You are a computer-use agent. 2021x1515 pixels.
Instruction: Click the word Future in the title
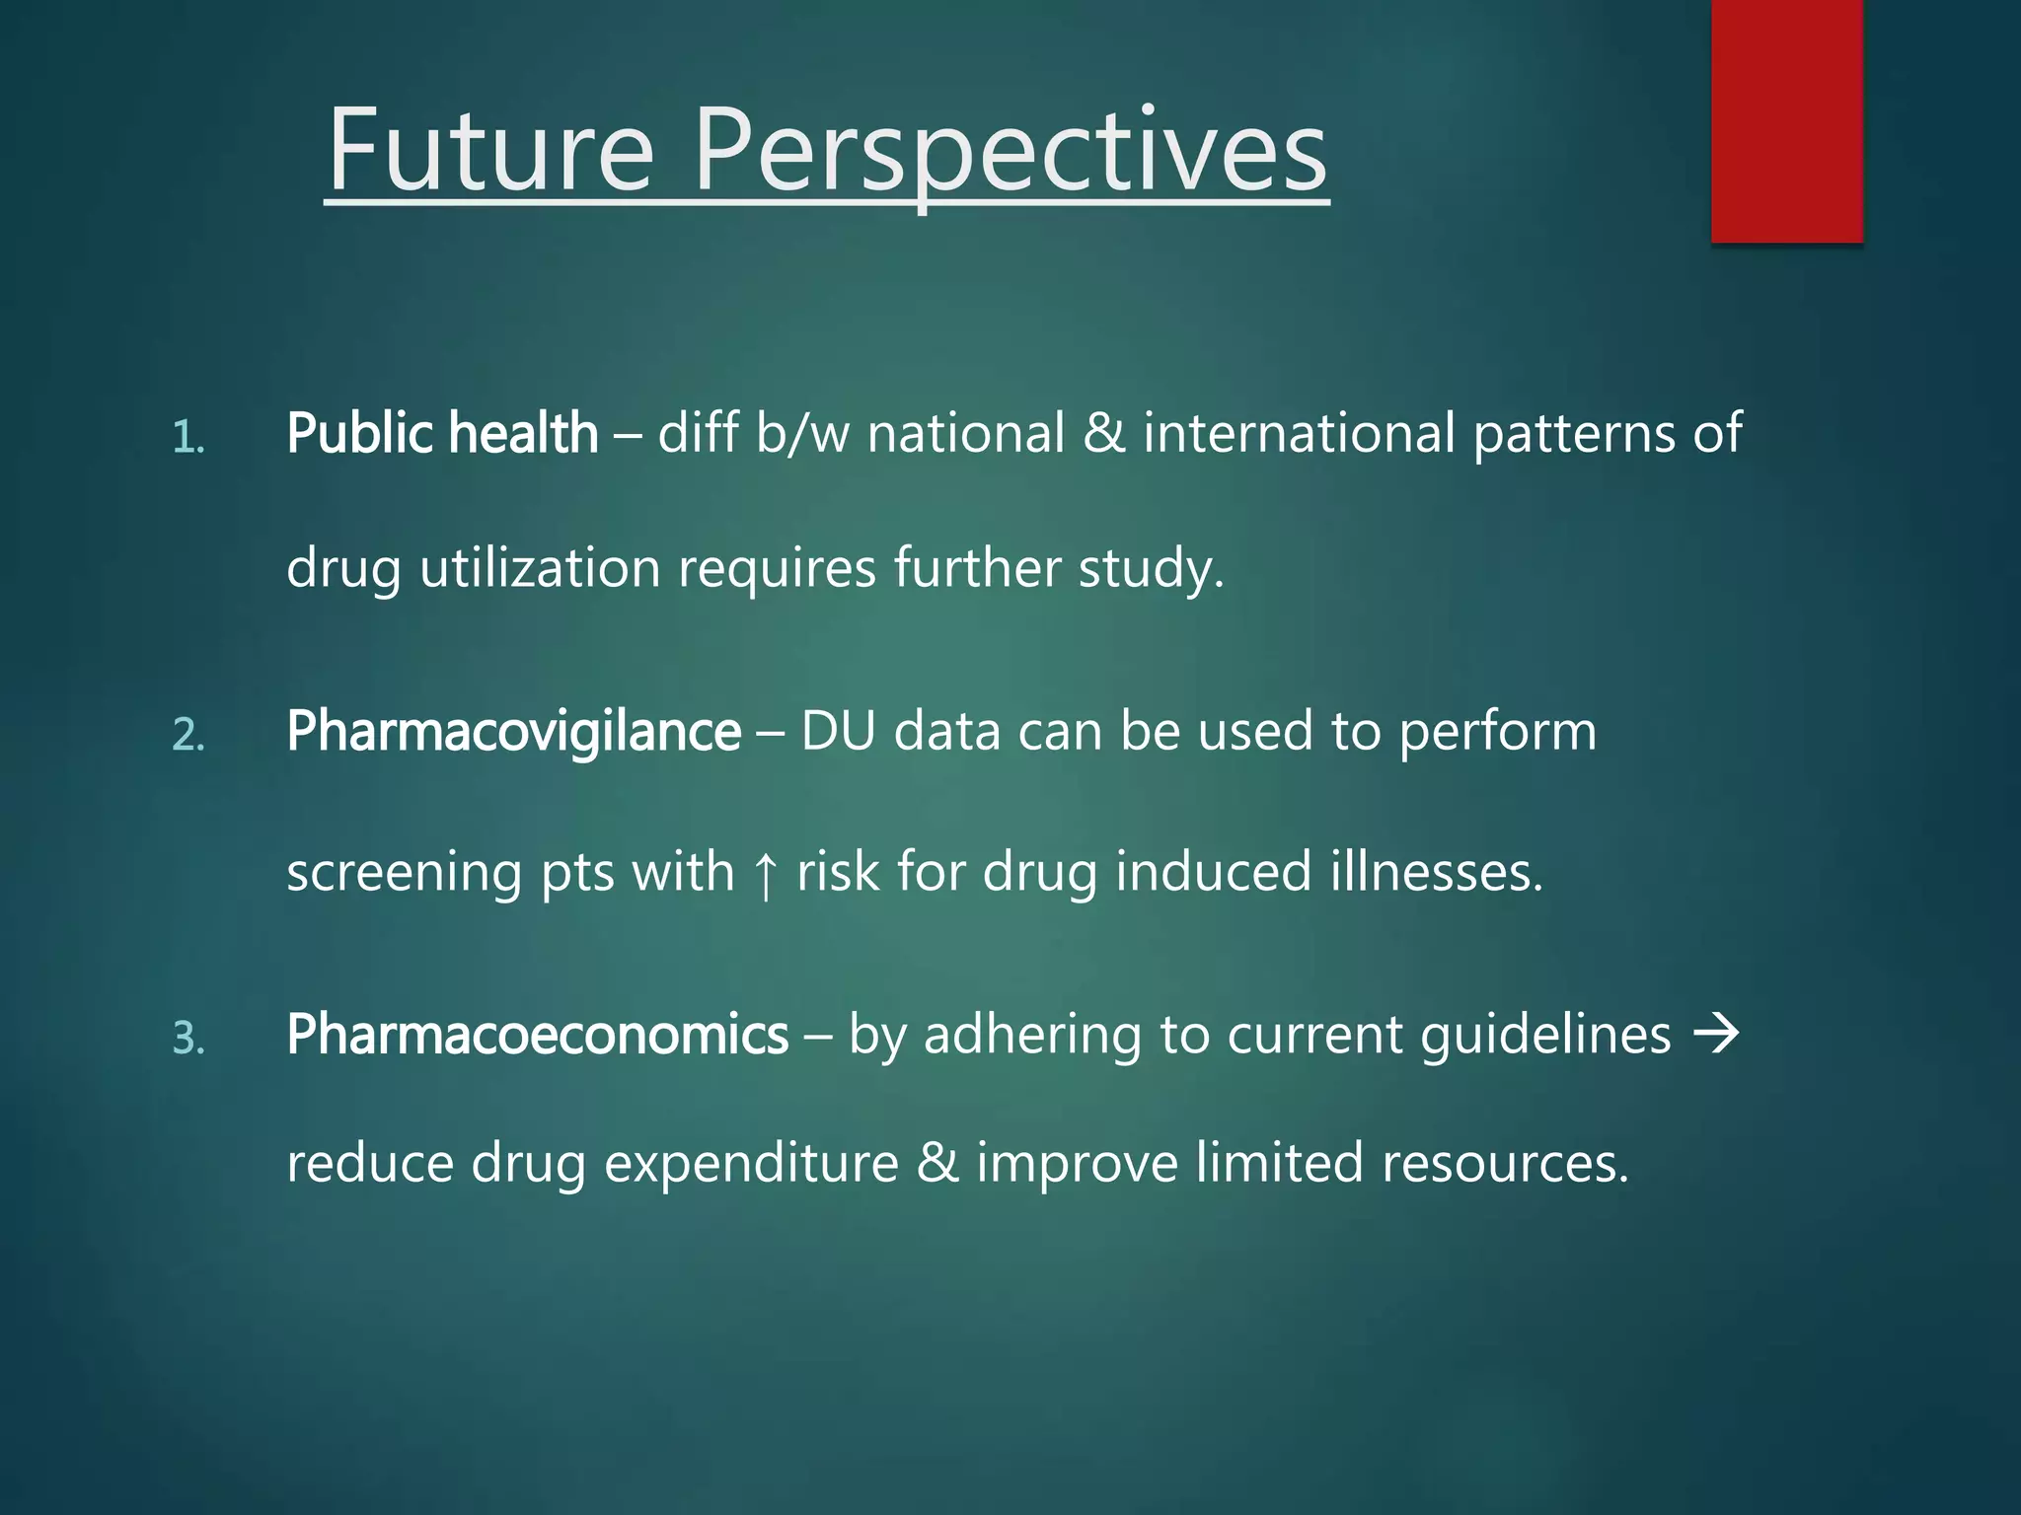click(490, 150)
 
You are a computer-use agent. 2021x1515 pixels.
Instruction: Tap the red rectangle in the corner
click(1786, 120)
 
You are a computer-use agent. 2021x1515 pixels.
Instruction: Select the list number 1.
click(187, 437)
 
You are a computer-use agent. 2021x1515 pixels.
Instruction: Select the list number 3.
click(188, 1039)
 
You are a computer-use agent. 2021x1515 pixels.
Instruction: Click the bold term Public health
click(442, 433)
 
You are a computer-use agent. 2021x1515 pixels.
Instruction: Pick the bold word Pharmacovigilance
click(513, 731)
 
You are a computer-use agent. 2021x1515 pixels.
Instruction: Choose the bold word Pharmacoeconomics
click(537, 1035)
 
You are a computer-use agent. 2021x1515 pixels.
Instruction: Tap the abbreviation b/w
click(801, 433)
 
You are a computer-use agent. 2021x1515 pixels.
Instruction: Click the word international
click(1299, 433)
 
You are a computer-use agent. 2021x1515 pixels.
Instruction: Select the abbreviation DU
click(838, 731)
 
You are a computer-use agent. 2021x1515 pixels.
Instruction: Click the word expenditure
click(751, 1164)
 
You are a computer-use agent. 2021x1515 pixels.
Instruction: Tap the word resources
click(1504, 1163)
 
